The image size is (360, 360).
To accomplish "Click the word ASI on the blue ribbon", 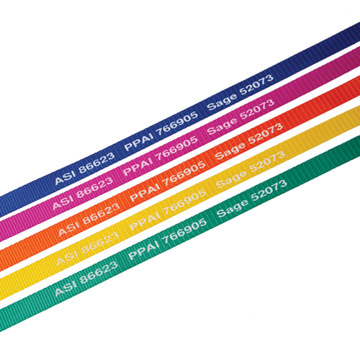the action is (65, 177).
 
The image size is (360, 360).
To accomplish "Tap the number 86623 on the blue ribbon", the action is (96, 163).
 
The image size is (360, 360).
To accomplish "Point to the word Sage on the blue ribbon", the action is (222, 102).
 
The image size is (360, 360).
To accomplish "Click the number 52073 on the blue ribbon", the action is (256, 84).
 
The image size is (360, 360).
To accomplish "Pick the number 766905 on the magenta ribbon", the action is (176, 149).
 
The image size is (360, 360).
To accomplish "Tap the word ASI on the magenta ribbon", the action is (63, 202).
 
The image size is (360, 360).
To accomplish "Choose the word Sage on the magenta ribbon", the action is (222, 126).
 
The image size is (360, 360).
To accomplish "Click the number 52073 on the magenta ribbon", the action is (257, 109).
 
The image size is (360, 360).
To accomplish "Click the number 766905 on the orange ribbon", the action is (184, 174).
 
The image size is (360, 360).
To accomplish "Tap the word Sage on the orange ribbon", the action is (230, 151).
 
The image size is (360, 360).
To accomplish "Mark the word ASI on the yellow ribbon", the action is (67, 257).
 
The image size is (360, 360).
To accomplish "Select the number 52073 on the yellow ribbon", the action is (267, 162).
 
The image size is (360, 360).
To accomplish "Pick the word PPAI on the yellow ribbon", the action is (145, 222).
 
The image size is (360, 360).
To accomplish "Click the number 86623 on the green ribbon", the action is (99, 272).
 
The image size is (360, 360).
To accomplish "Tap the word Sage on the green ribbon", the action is (232, 209).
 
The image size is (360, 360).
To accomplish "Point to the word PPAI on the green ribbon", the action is (144, 251).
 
